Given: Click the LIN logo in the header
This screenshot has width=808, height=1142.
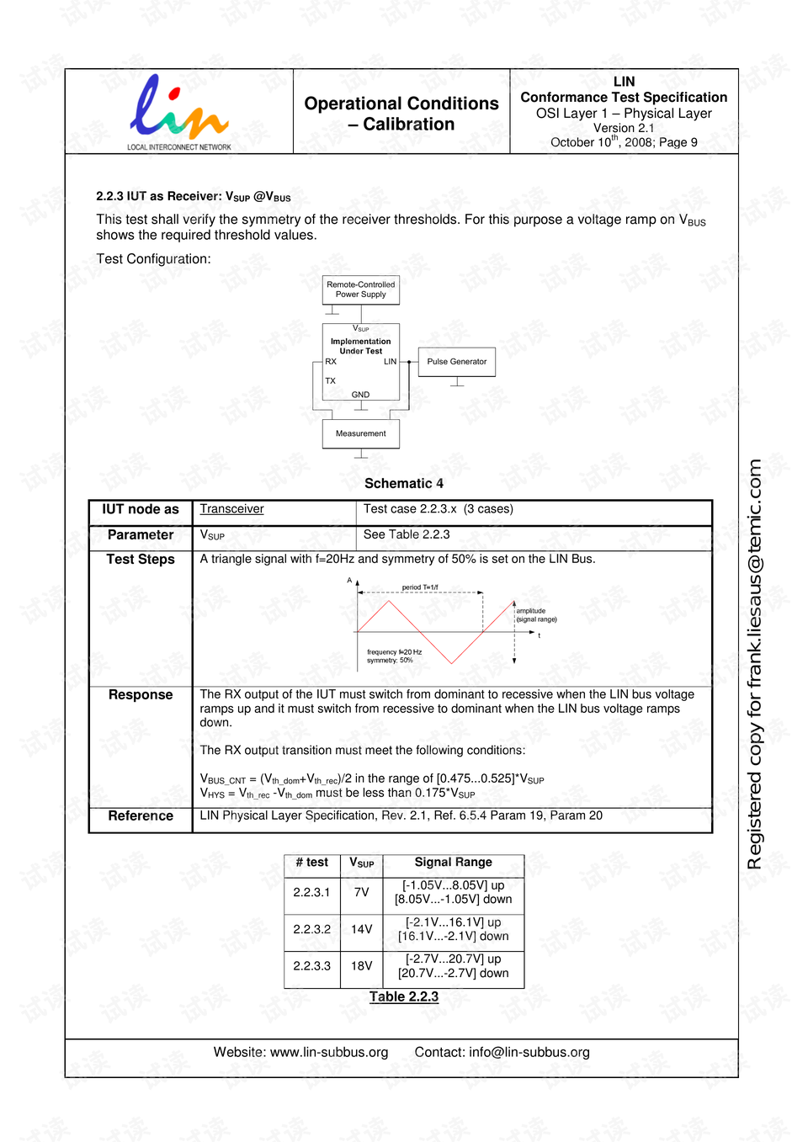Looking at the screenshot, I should click(x=178, y=111).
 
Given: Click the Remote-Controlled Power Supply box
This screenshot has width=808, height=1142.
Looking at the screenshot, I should click(x=361, y=290).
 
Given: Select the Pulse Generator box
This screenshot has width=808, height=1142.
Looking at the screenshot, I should click(x=456, y=362).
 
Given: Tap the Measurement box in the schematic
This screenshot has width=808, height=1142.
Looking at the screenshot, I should click(x=361, y=434).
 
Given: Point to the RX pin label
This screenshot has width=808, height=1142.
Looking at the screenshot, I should click(x=331, y=362).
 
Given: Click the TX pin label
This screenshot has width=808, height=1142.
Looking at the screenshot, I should click(x=331, y=381).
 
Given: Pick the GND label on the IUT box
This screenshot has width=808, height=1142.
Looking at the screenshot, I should click(x=360, y=395).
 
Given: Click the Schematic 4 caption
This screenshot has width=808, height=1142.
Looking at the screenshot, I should click(x=404, y=484).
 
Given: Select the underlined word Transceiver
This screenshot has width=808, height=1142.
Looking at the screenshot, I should click(x=231, y=509).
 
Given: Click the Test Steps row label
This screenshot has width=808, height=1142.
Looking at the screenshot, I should click(x=141, y=560).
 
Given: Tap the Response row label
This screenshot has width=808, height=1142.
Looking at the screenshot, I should click(x=141, y=695).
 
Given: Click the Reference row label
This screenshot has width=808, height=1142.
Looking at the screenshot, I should click(x=141, y=816).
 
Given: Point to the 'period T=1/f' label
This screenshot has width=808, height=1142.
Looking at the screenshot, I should click(x=420, y=587).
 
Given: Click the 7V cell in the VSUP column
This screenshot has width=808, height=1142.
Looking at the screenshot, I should click(x=362, y=893).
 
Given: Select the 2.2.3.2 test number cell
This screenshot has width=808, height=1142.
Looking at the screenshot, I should click(x=311, y=930).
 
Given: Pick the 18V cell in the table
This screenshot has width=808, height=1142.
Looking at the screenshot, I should click(x=362, y=966).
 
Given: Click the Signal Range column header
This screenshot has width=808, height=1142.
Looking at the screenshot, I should click(x=453, y=863).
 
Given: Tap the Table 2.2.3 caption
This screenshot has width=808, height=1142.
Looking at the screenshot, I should click(x=404, y=997).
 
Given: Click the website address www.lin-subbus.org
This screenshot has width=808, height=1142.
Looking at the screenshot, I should click(x=329, y=1053).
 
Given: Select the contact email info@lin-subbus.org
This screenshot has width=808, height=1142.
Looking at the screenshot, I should click(x=529, y=1053).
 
